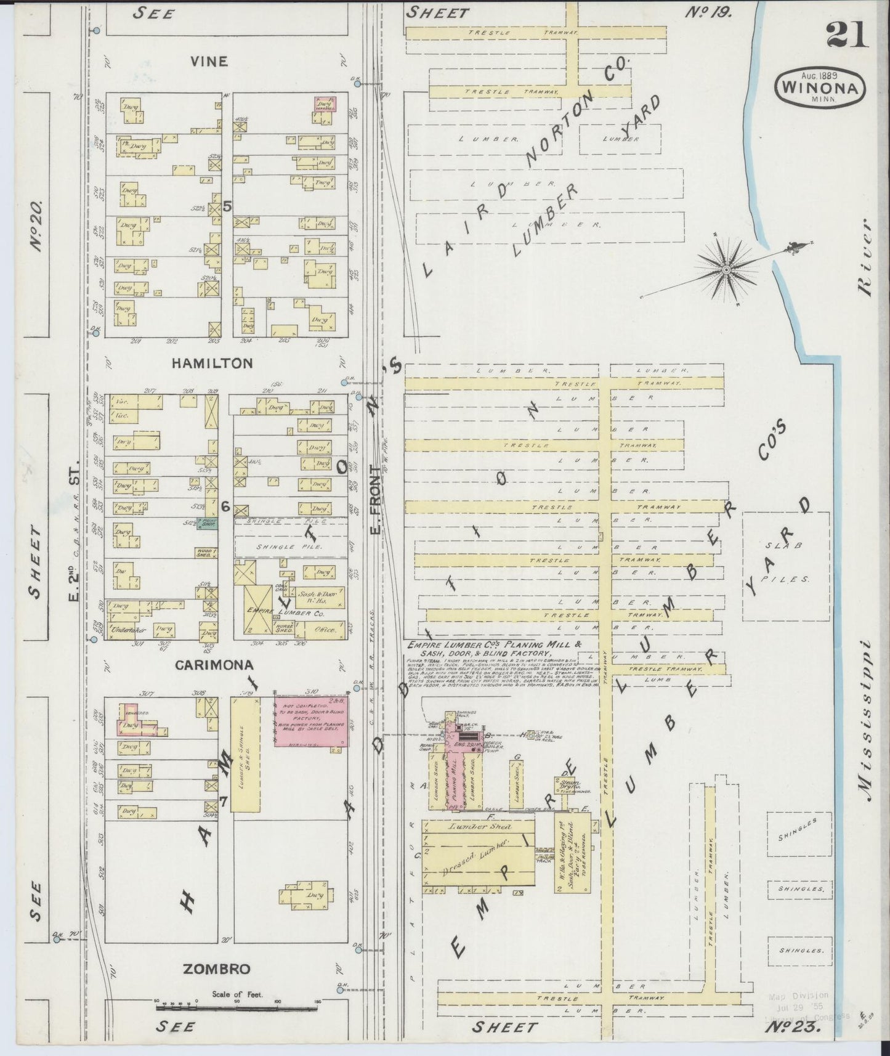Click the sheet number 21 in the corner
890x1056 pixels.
pos(847,35)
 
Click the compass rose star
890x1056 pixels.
pos(727,269)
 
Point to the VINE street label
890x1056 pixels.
pos(209,62)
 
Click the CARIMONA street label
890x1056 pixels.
pos(214,665)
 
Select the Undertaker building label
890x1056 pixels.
pos(128,630)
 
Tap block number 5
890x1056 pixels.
pos(227,207)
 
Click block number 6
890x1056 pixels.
pos(225,506)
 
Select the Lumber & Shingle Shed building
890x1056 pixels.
pos(244,755)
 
